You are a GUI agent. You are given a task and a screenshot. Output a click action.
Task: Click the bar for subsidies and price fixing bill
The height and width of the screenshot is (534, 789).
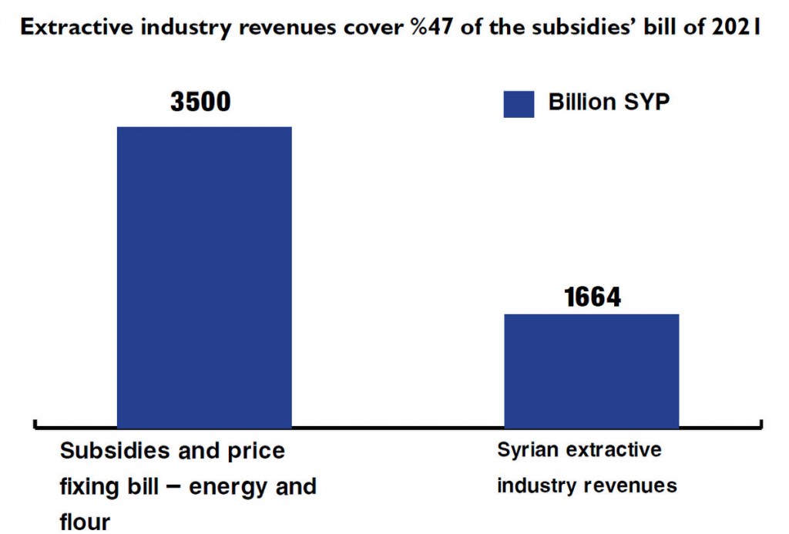click(204, 276)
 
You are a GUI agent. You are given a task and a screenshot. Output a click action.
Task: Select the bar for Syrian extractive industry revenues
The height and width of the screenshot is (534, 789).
click(591, 370)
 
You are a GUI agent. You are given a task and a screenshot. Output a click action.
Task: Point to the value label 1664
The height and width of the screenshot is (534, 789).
click(592, 297)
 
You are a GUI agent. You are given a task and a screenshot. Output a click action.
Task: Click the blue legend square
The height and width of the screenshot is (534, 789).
click(519, 104)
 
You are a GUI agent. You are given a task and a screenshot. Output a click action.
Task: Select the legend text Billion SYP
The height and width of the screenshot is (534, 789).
click(609, 102)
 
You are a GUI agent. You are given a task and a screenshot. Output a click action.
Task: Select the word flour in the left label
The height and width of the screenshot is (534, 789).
click(85, 522)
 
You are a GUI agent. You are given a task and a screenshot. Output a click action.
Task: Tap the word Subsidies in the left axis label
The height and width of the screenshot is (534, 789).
click(112, 451)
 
